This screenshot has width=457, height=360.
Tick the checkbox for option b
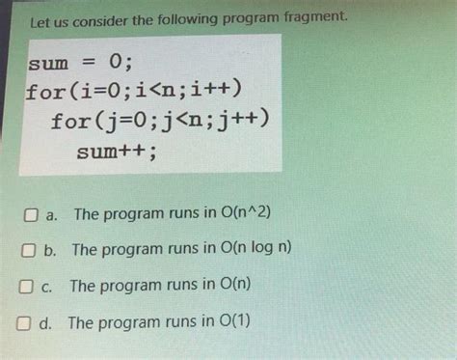(29, 250)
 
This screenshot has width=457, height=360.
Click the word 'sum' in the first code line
(49, 64)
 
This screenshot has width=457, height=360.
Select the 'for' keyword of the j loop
(72, 122)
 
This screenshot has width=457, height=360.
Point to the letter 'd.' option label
(45, 323)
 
